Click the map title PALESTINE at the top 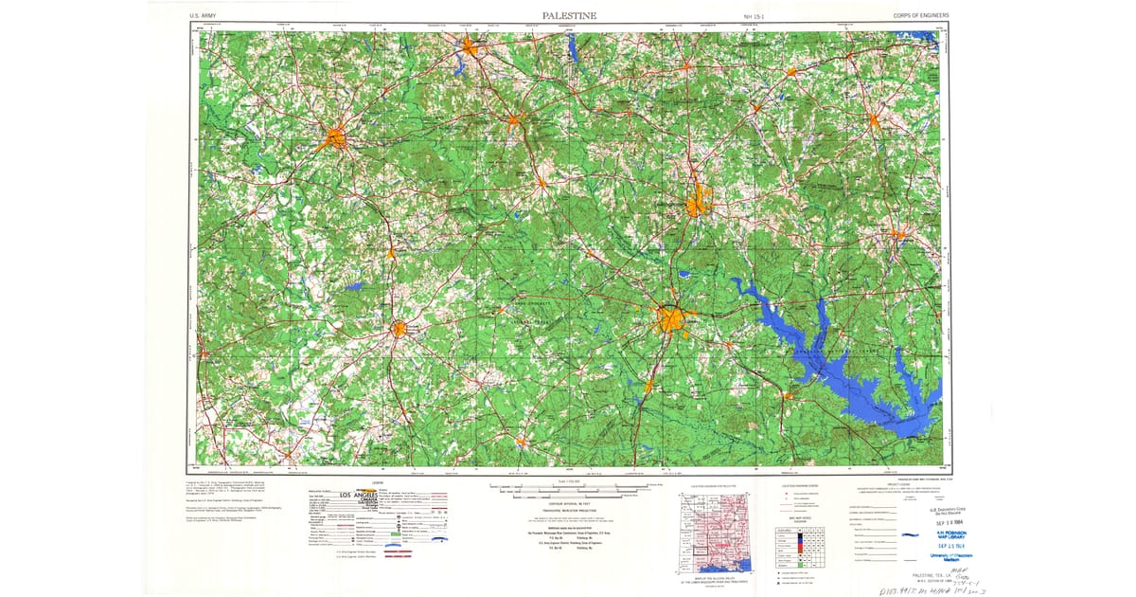[569, 15]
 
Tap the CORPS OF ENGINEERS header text [920, 16]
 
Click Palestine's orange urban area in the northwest [334, 138]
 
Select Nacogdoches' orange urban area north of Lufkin [699, 202]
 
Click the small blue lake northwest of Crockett [352, 285]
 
